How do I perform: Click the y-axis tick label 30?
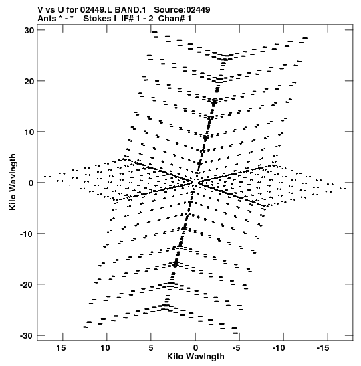pos(29,31)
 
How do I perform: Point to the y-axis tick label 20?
pos(29,82)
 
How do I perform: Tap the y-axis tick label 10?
pos(29,132)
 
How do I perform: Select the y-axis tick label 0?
pos(31,183)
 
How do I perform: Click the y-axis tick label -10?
pos(27,234)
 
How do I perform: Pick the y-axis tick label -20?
pos(27,285)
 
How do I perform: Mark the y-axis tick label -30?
pos(27,336)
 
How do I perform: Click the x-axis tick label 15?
pos(61,348)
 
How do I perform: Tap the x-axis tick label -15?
pos(323,348)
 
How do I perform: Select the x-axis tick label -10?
pos(279,348)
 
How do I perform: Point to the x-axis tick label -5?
pos(236,348)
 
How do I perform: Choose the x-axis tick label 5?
pos(151,348)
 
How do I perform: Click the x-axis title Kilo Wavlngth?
pos(196,357)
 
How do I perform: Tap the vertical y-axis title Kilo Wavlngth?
pos(13,182)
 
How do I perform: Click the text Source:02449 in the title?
pos(182,10)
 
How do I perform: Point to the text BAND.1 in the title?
pos(130,10)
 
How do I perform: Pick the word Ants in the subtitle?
pos(47,19)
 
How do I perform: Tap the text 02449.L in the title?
pos(96,10)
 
